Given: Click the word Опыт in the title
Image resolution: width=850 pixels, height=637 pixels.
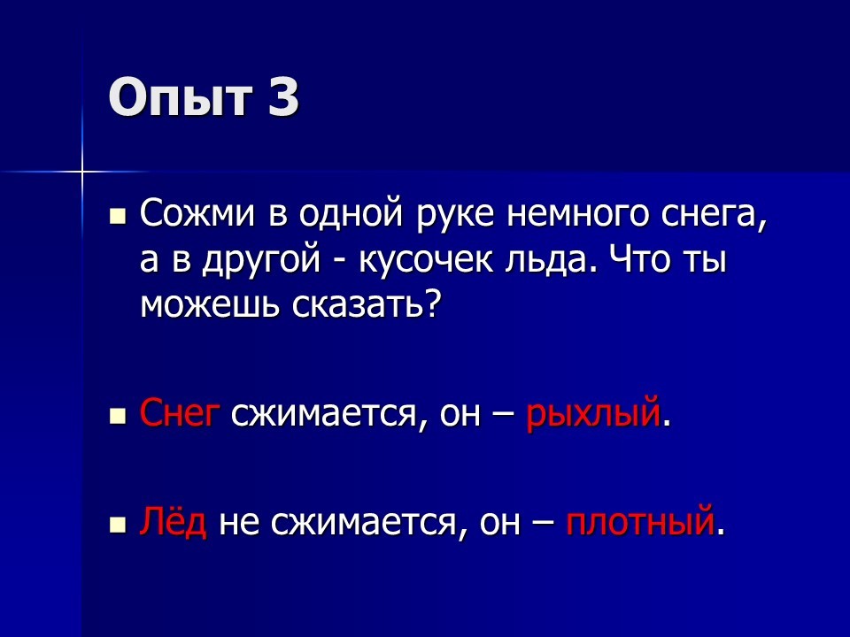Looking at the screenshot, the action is [181, 97].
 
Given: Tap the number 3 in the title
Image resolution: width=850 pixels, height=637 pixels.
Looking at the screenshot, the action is [283, 97].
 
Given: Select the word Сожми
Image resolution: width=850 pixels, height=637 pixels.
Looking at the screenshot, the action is [197, 214].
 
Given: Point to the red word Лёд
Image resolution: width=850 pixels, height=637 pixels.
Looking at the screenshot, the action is [173, 520].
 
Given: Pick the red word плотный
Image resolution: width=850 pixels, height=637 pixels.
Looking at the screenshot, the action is [639, 520].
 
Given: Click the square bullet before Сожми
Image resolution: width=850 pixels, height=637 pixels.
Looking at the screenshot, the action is [117, 218].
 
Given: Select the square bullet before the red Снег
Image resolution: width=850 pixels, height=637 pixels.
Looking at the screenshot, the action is [117, 416].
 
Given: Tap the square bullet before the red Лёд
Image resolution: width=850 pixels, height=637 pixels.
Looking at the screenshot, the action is [117, 525].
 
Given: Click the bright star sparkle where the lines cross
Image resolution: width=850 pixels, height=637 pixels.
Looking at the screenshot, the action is [82, 172].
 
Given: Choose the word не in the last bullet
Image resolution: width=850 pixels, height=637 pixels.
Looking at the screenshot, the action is [238, 524].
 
